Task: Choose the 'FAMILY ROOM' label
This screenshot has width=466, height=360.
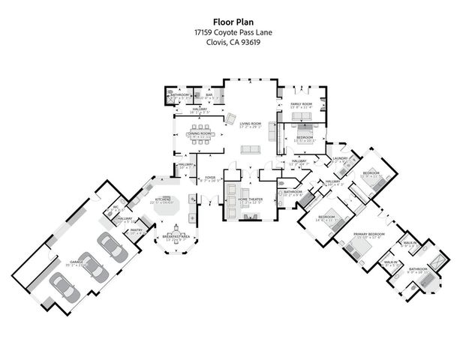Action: coord(302,104)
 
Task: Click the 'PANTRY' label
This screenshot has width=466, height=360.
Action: coord(137,230)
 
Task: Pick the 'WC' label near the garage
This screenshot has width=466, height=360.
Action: coord(116,208)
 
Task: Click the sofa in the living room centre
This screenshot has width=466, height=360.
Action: coord(249,150)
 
